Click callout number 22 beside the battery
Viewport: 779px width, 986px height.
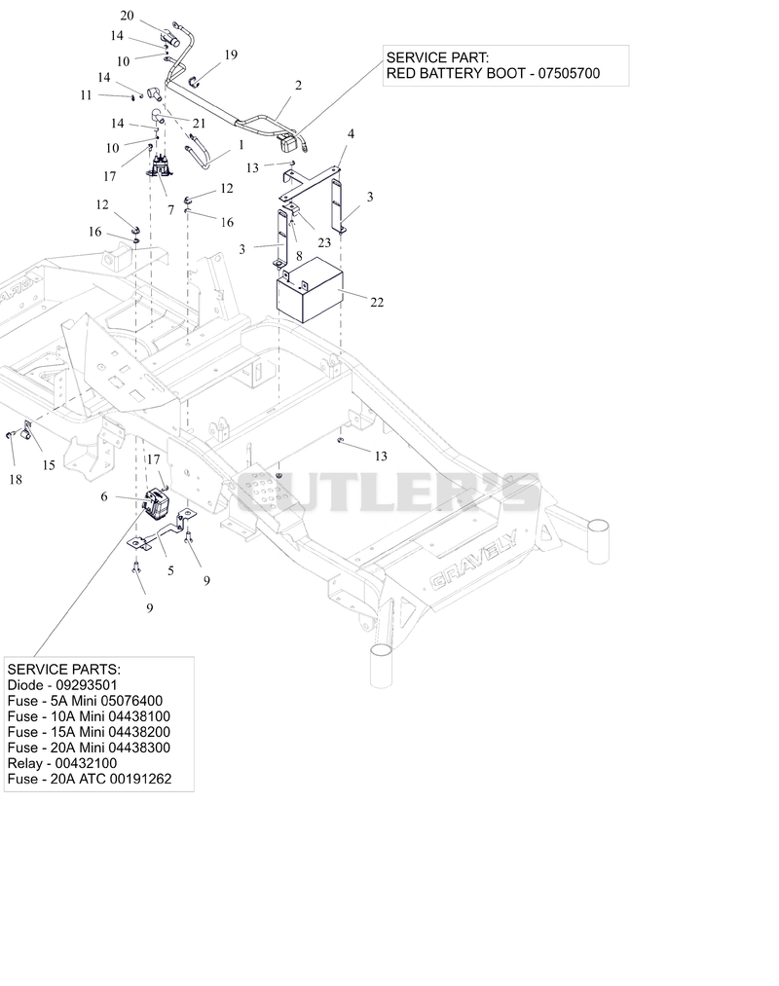(376, 303)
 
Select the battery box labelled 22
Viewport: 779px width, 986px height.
(311, 290)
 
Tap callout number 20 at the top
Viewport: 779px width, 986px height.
(127, 16)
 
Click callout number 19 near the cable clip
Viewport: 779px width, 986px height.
(231, 55)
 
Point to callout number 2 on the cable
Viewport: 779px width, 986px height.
(298, 85)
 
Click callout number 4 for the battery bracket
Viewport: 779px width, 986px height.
(351, 134)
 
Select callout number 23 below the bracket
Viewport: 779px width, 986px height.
(324, 242)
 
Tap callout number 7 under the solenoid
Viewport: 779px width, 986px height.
(170, 210)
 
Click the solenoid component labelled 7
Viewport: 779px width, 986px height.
(162, 164)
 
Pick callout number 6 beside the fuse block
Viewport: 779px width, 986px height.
(104, 496)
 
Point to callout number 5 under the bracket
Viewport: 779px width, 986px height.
(170, 571)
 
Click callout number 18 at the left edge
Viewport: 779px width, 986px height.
(16, 480)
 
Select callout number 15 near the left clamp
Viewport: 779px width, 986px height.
(49, 465)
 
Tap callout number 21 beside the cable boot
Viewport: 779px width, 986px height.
(199, 124)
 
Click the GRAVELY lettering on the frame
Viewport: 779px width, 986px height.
(473, 561)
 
